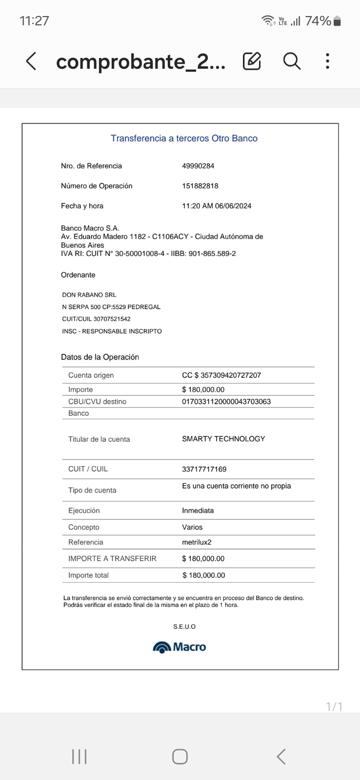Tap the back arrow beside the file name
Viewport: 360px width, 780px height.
[31, 61]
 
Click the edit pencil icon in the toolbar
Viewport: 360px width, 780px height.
[252, 61]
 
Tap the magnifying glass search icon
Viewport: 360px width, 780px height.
[292, 61]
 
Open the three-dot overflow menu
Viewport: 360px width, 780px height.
[327, 61]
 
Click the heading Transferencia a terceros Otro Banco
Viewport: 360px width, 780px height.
[184, 138]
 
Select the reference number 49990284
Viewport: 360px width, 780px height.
[198, 166]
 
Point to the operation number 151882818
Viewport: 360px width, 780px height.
[200, 186]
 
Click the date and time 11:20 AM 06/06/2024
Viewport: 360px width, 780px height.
[217, 206]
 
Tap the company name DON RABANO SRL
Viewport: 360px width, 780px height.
[89, 295]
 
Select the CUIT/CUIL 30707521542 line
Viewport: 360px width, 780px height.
[96, 319]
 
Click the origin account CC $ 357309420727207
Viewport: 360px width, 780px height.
[221, 375]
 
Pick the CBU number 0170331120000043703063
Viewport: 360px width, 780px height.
[226, 402]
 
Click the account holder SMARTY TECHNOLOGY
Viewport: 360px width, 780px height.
[223, 439]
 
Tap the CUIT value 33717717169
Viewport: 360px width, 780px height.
[204, 469]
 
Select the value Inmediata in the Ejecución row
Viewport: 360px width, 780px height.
[198, 510]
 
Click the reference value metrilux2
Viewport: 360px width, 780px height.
[197, 542]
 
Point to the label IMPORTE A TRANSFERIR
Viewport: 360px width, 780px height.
[112, 559]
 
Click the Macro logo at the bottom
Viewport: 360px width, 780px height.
[180, 647]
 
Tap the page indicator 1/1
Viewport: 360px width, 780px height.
[334, 707]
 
